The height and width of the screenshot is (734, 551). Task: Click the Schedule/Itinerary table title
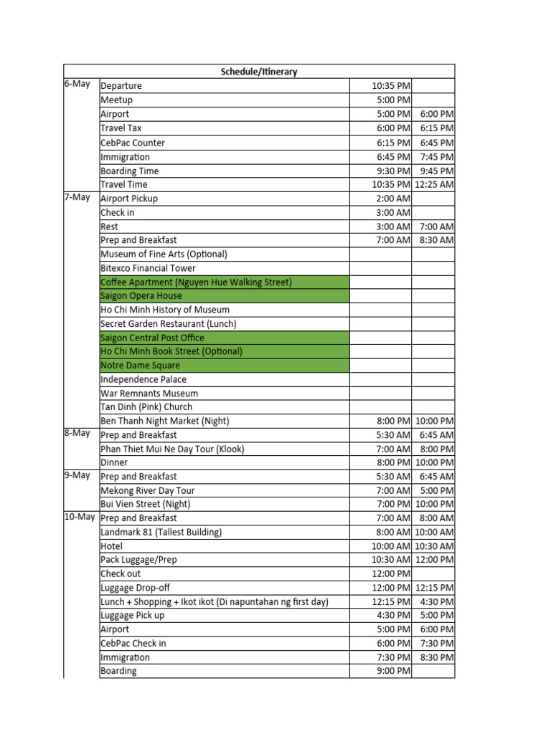click(x=258, y=72)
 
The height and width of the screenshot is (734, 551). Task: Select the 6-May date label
click(x=77, y=84)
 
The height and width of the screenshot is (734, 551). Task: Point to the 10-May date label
click(x=80, y=517)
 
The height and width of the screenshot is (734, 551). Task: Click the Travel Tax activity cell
click(x=121, y=128)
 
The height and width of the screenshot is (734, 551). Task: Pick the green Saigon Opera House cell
click(x=224, y=296)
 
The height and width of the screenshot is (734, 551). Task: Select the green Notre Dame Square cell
click(x=224, y=366)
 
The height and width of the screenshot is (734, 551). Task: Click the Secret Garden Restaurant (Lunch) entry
click(x=169, y=324)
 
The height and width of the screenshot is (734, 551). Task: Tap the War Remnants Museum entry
click(x=149, y=394)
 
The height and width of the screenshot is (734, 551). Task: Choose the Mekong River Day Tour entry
click(x=148, y=491)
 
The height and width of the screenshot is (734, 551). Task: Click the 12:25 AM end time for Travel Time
click(x=434, y=184)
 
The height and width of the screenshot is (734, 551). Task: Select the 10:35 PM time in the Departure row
click(x=391, y=86)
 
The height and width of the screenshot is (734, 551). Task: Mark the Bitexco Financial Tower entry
click(x=148, y=268)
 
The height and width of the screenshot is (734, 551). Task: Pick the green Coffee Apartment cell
click(x=224, y=282)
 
